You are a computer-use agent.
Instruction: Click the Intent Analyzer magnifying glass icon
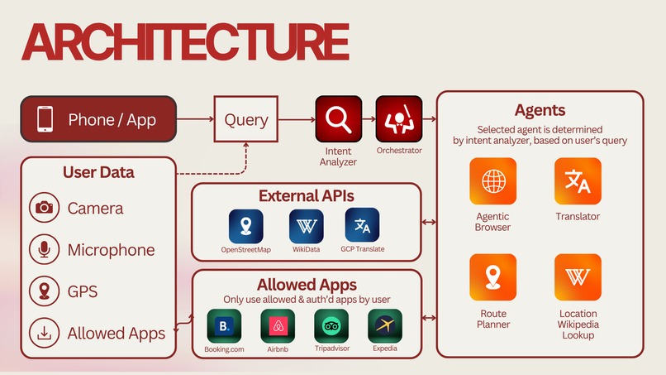coord(337,120)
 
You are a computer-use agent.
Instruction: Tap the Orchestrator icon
coord(399,120)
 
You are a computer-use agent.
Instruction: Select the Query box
coord(246,119)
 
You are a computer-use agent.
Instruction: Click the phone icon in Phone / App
coord(46,120)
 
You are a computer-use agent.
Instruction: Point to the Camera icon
coord(44,208)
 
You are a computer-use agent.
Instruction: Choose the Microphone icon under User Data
coord(44,249)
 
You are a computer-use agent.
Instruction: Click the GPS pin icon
coord(44,291)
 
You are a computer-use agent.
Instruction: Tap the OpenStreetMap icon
coord(245,226)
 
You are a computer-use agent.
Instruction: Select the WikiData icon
coord(306,226)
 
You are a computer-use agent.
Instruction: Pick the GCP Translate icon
coord(362,226)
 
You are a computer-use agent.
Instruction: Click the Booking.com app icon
coord(224,326)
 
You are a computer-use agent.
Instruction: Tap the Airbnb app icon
coord(278,326)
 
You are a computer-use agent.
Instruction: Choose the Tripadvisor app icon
coord(331,326)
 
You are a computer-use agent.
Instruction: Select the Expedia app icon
coord(385,326)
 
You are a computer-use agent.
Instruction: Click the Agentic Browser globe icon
coord(492,181)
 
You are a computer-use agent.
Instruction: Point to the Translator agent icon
coord(578,181)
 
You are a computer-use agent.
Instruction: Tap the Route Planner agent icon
coord(492,277)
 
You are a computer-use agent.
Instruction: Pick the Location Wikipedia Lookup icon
coord(578,277)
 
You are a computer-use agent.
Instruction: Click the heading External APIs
coord(306,196)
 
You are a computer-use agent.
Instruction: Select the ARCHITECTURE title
coord(184,41)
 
